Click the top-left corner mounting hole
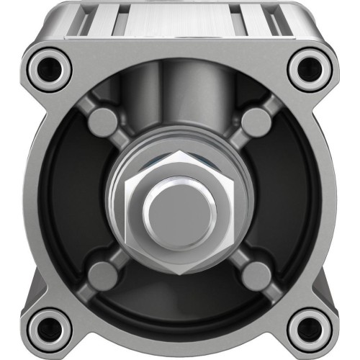[50, 68]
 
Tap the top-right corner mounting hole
[310, 68]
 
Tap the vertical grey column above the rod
[179, 108]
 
